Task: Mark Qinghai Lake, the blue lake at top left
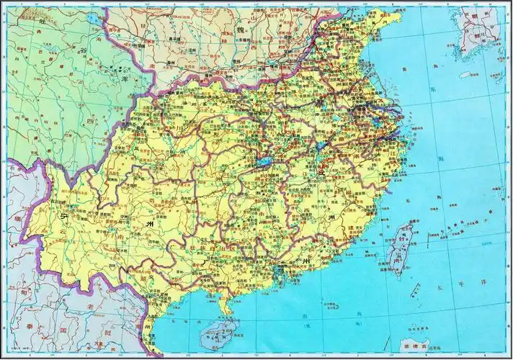(x=94, y=31)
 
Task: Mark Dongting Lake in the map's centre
(x=262, y=163)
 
